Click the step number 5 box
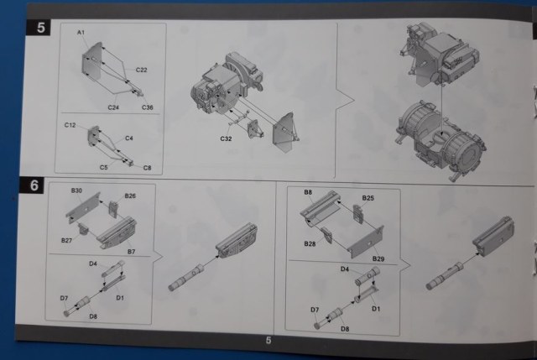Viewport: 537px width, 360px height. [39, 27]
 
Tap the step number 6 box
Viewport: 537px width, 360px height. [32, 185]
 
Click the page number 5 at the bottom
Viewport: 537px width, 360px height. [268, 340]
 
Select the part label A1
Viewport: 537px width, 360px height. [81, 33]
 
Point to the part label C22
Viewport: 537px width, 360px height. [142, 70]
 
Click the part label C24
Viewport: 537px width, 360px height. [113, 107]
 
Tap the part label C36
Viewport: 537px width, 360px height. [148, 107]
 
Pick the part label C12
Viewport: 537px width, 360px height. [70, 125]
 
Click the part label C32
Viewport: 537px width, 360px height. [226, 138]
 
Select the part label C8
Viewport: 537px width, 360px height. [148, 168]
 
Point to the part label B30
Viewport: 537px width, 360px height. [76, 190]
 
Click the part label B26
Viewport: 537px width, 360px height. [130, 196]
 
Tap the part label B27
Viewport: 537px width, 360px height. [67, 241]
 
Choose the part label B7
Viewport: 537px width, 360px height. [132, 252]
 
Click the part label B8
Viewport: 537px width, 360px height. [308, 192]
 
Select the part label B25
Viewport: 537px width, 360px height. [368, 198]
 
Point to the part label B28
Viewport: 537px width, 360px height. [310, 244]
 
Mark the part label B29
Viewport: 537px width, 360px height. [378, 259]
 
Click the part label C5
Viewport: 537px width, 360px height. [104, 168]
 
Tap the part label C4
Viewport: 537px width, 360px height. [129, 138]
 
